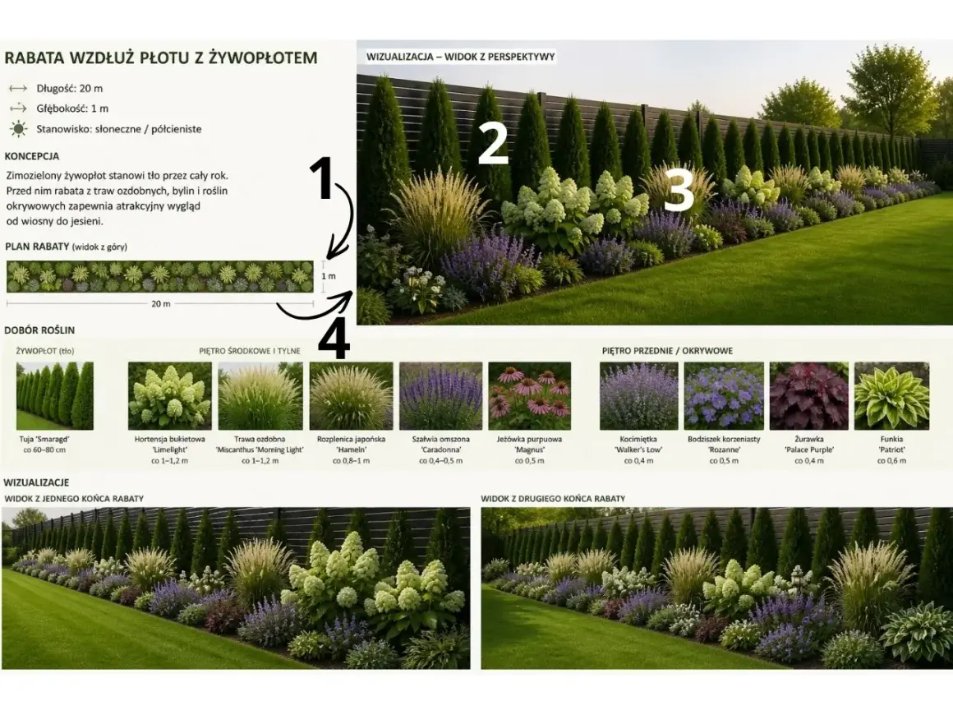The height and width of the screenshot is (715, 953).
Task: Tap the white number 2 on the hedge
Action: pyautogui.click(x=492, y=143)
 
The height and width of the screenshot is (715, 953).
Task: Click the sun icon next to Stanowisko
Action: pyautogui.click(x=19, y=129)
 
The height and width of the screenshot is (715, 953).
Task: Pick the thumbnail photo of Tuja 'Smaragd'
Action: pyautogui.click(x=55, y=396)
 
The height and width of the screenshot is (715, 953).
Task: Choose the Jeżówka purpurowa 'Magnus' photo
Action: pyautogui.click(x=529, y=396)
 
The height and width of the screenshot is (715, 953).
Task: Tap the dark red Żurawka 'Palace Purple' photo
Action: pyautogui.click(x=808, y=396)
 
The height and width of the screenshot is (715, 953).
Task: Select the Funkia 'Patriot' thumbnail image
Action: pyautogui.click(x=891, y=396)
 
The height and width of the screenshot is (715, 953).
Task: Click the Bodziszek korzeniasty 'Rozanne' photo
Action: pyautogui.click(x=724, y=396)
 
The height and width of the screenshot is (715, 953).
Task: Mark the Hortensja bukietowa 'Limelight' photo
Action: pyautogui.click(x=169, y=396)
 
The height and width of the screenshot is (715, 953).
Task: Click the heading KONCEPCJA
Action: pyautogui.click(x=31, y=155)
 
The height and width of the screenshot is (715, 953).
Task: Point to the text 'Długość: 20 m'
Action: pyautogui.click(x=69, y=88)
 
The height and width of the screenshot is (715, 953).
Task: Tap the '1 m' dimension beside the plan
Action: pyautogui.click(x=328, y=276)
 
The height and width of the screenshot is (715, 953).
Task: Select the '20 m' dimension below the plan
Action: pyautogui.click(x=160, y=303)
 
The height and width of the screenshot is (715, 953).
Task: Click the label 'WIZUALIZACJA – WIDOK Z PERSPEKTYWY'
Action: pyautogui.click(x=460, y=57)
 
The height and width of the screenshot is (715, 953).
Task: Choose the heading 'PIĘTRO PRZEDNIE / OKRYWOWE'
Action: pyautogui.click(x=667, y=351)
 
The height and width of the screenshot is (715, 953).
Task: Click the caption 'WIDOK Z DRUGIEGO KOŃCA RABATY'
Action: pyautogui.click(x=553, y=499)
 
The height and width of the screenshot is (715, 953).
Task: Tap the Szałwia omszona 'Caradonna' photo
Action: pyautogui.click(x=440, y=396)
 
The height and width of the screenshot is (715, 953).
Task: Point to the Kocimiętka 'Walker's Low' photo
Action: pyautogui.click(x=639, y=396)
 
